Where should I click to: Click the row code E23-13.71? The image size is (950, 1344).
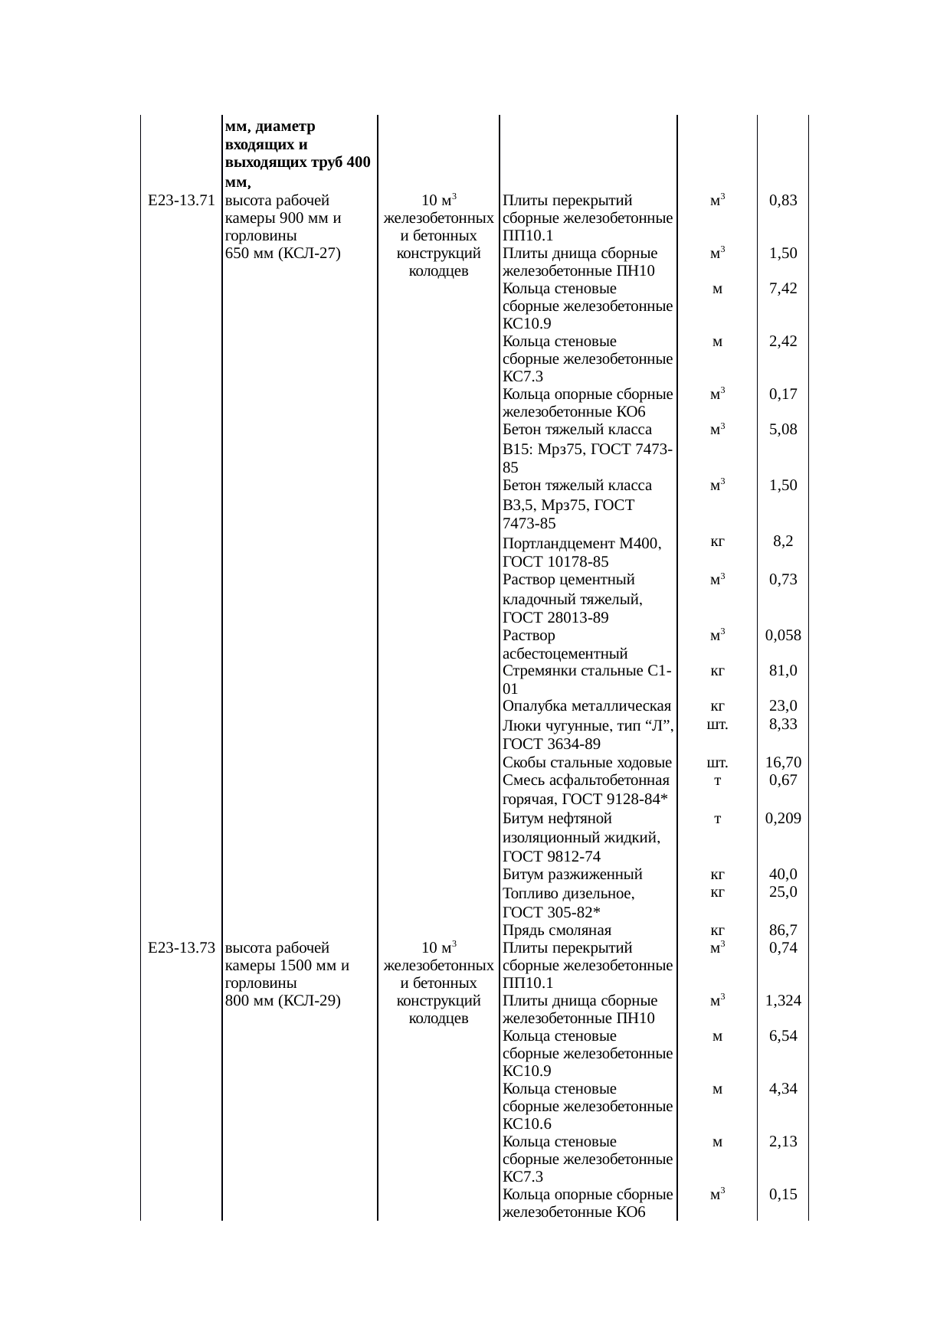[180, 201]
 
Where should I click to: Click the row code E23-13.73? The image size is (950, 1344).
[180, 948]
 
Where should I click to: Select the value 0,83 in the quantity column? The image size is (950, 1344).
[783, 201]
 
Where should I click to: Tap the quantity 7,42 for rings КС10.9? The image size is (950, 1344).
[783, 289]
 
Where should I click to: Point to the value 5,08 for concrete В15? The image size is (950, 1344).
[783, 430]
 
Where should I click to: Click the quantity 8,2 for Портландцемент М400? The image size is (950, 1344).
[783, 541]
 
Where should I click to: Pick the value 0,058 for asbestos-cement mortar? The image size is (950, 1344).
[783, 635]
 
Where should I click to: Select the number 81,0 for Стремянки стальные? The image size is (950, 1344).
[783, 671]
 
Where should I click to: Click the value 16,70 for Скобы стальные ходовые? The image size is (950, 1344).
[783, 763]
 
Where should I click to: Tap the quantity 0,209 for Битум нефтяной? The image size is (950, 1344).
[783, 819]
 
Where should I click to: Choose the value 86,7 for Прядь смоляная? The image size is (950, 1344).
[783, 930]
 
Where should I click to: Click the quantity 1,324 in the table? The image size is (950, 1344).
[783, 1001]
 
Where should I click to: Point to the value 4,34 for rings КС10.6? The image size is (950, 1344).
[783, 1089]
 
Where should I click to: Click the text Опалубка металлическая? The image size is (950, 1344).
[587, 706]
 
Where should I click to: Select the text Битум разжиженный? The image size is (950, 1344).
[572, 875]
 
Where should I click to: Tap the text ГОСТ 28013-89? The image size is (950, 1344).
[555, 617]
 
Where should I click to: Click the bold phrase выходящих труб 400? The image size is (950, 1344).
[299, 162]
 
